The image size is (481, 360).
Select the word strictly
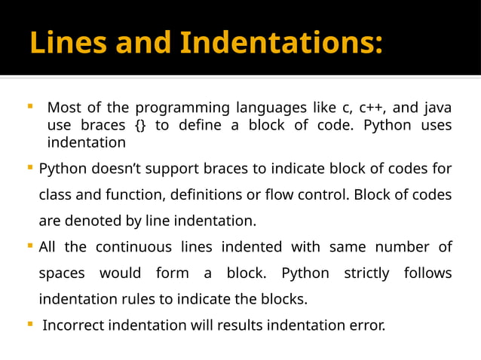point(366,273)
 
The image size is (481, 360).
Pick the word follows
point(427,273)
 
